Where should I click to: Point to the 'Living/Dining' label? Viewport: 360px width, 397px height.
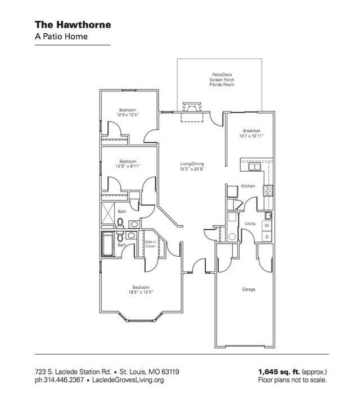191,163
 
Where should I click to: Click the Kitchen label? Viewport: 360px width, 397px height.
248,186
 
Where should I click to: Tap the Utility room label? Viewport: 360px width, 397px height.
250,224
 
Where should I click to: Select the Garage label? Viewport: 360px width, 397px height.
249,289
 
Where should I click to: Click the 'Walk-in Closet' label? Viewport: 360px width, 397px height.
150,244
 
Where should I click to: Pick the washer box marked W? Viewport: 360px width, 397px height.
267,225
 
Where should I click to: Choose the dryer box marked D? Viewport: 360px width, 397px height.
267,237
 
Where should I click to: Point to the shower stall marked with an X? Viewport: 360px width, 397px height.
108,215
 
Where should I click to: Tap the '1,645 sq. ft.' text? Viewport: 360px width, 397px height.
277,372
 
